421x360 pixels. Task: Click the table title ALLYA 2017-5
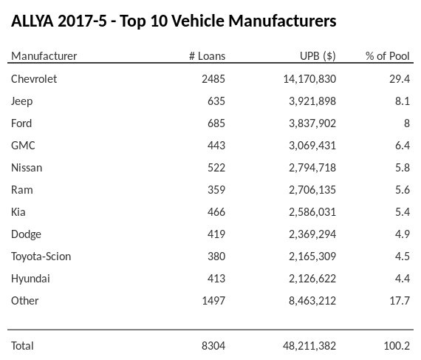coord(174,21)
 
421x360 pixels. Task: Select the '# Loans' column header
coord(207,56)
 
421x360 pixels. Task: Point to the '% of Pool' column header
coord(388,56)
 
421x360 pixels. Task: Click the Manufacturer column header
coord(44,56)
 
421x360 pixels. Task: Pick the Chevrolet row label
coord(34,78)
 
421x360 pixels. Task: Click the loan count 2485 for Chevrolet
coord(213,78)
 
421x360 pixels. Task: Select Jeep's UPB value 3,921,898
coord(311,101)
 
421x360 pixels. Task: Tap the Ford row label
coord(21,123)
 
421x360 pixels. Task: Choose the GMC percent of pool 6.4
coord(403,145)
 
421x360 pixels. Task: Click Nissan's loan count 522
coord(216,167)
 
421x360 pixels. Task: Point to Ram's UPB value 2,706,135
coord(311,189)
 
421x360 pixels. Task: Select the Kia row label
coord(18,211)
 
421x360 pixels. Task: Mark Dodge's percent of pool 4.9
coord(403,234)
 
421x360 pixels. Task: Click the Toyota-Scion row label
coord(41,256)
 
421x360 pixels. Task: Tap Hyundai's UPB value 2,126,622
coord(311,278)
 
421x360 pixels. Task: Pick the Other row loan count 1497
coord(213,300)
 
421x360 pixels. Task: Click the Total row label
coord(22,345)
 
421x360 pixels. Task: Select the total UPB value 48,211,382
coord(308,345)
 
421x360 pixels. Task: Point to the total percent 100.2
coord(398,345)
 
